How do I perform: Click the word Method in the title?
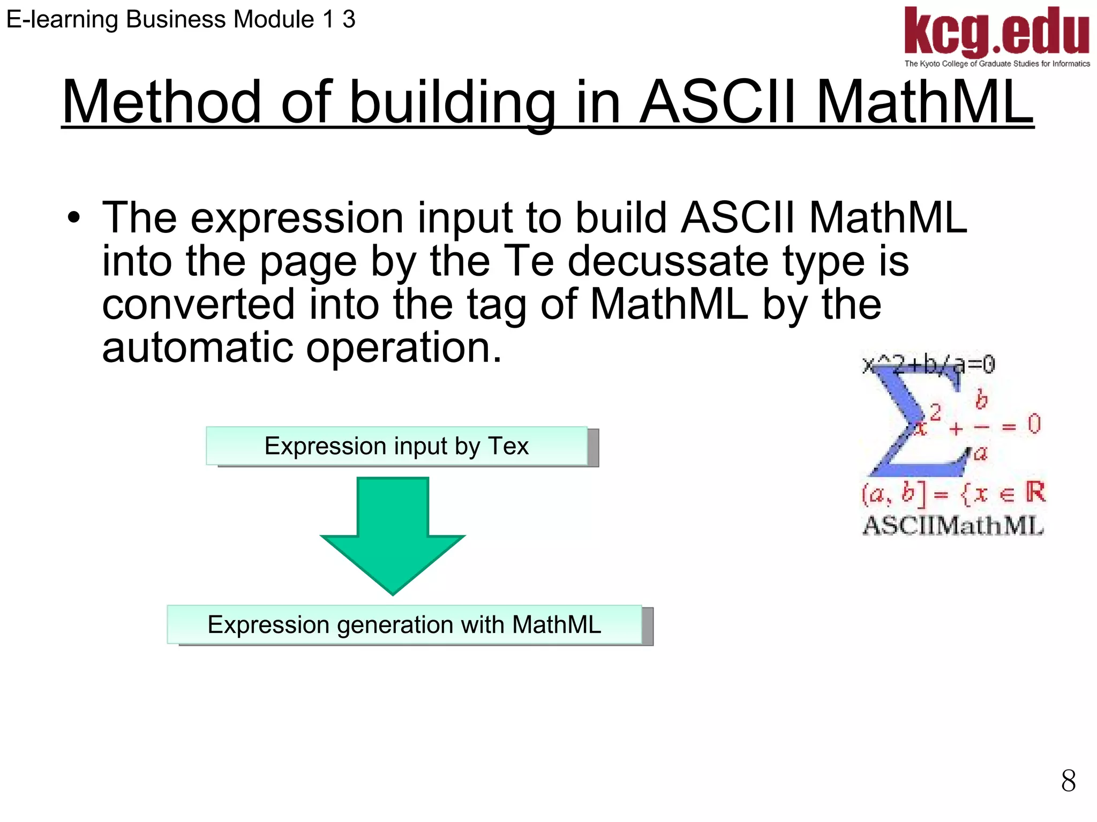coord(161,102)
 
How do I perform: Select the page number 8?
coord(1068,781)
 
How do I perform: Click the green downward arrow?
coord(393,536)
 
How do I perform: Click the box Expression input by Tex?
coord(397,446)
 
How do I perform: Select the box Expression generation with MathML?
coord(404,625)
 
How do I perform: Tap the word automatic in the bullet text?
coord(197,348)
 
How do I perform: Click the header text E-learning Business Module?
coord(161,20)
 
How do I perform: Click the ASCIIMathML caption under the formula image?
coord(953,525)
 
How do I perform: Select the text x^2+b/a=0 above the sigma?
coord(929,365)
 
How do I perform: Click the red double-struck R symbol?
coord(1035,492)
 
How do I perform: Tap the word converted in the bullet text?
coord(198,304)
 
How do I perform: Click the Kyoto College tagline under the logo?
coord(997,64)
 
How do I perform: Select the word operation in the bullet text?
coord(404,348)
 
